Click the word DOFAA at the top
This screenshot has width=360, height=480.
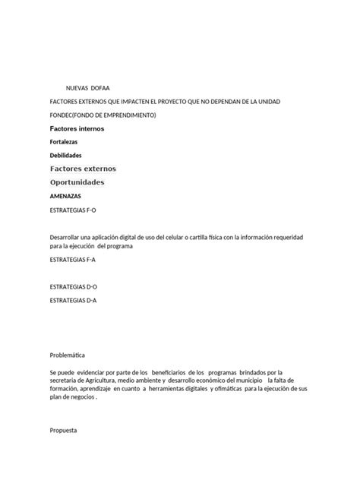point(101,88)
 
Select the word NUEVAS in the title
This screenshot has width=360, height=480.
point(77,88)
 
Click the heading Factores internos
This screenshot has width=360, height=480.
point(77,128)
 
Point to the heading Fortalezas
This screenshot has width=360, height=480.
point(63,142)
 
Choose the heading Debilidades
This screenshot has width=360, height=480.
point(65,155)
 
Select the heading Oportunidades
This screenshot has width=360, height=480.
point(77,182)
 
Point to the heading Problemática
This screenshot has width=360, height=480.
point(67,355)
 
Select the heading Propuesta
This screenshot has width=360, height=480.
point(63,430)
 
